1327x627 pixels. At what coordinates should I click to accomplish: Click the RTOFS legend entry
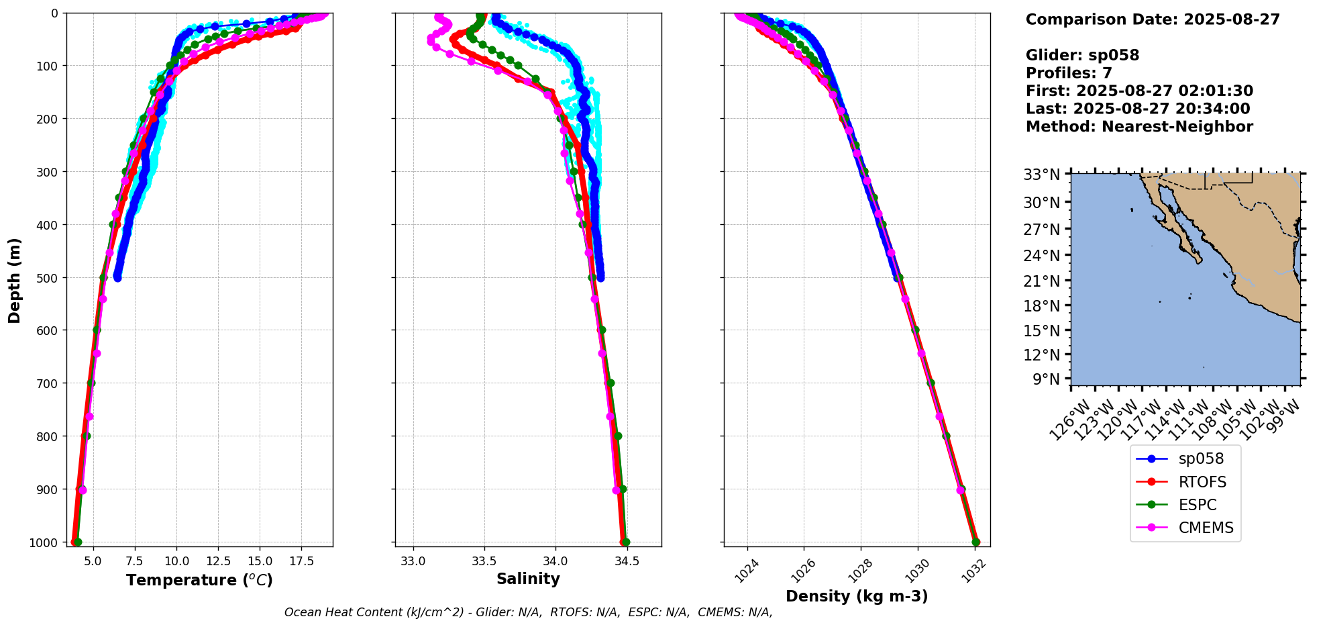pyautogui.click(x=1202, y=482)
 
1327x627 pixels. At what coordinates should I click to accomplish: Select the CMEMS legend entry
pyautogui.click(x=1206, y=528)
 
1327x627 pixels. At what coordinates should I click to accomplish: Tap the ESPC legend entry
pyautogui.click(x=1197, y=505)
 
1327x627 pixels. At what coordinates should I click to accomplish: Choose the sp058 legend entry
pyautogui.click(x=1201, y=459)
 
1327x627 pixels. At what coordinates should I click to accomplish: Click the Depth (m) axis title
pyautogui.click(x=15, y=280)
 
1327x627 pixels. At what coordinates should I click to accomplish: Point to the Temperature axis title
pyautogui.click(x=199, y=580)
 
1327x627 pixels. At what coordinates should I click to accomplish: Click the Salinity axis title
pyautogui.click(x=528, y=579)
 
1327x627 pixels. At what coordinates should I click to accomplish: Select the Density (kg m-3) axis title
pyautogui.click(x=857, y=596)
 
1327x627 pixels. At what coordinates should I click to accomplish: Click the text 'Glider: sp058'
pyautogui.click(x=1082, y=55)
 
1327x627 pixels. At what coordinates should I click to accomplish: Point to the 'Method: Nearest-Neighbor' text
pyautogui.click(x=1139, y=126)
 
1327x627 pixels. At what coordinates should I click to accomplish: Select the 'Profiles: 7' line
pyautogui.click(x=1069, y=73)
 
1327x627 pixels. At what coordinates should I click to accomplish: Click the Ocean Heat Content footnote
pyautogui.click(x=528, y=612)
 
